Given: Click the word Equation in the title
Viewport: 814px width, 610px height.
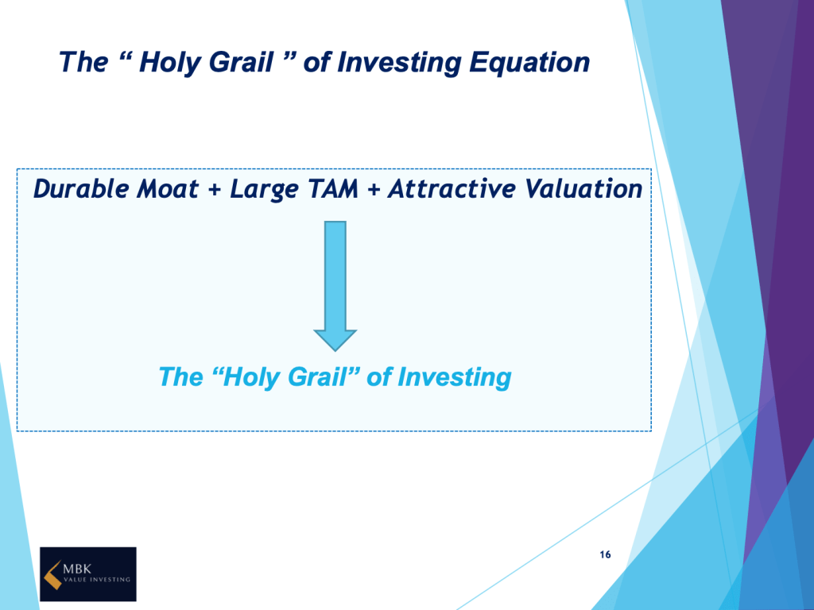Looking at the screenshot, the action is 529,64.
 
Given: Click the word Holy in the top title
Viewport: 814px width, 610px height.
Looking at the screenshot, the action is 170,64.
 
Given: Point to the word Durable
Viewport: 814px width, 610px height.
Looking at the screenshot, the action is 82,188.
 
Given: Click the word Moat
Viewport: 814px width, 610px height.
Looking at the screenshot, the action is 167,189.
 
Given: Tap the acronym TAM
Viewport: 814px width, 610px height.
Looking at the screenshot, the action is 333,189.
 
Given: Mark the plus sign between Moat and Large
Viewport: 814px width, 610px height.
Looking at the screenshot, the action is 215,191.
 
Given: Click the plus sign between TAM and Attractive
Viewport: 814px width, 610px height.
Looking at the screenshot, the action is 374,191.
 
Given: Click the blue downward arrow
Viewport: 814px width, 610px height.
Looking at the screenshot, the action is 335,286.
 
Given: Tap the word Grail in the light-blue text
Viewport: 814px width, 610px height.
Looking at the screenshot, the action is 316,376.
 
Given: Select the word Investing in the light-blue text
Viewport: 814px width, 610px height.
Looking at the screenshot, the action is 454,377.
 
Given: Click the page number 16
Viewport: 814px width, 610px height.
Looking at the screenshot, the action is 605,554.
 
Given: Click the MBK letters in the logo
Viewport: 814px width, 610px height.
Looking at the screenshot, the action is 77,569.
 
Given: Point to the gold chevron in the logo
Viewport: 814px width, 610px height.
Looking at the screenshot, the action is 53,575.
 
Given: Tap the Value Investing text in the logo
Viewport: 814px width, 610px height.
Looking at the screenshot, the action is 96,579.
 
